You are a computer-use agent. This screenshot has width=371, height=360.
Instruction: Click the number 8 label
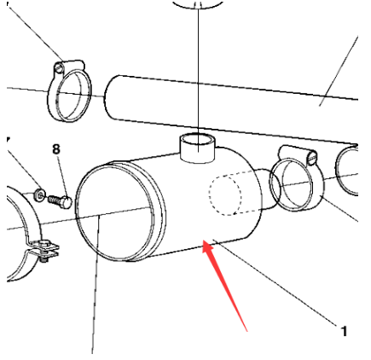[x=56, y=149]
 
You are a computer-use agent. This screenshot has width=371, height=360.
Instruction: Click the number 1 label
[x=344, y=332]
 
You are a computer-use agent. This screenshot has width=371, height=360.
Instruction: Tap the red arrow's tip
[x=203, y=241]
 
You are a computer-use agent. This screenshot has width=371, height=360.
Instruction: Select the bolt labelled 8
[x=60, y=201]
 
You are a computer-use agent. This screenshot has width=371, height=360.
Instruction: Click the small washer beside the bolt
[x=40, y=195]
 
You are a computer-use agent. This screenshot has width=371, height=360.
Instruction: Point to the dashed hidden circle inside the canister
[x=225, y=195]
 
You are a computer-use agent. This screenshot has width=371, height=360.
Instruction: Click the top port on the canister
[x=198, y=148]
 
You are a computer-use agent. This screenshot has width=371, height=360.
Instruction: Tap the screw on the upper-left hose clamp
[x=59, y=68]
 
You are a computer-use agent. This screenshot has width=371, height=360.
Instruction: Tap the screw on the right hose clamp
[x=312, y=158]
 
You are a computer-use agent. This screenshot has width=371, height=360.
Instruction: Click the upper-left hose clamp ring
[x=70, y=91]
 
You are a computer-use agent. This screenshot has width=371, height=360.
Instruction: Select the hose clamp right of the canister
[x=297, y=179]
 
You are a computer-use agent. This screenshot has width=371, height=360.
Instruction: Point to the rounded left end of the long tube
[x=107, y=97]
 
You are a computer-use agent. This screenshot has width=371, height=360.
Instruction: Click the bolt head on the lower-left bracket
[x=44, y=242]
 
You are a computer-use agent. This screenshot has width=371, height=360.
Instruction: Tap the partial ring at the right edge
[x=346, y=171]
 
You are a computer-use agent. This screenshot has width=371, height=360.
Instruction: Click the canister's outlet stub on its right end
[x=269, y=189]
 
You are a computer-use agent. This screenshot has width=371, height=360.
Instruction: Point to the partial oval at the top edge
[x=199, y=4]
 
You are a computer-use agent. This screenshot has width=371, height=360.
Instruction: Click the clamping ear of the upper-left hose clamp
[x=69, y=67]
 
